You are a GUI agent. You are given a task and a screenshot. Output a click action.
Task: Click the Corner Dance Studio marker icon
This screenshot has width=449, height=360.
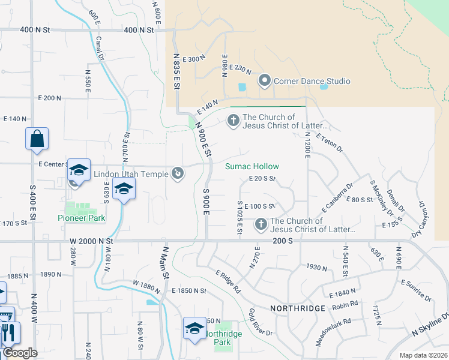[x=264, y=81]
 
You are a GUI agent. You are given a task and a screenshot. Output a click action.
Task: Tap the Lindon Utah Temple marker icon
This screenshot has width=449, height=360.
[x=177, y=174]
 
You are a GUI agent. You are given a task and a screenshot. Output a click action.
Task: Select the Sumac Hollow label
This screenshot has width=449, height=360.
[x=252, y=166]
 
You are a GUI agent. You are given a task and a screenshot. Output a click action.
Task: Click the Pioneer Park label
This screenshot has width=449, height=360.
[x=82, y=218]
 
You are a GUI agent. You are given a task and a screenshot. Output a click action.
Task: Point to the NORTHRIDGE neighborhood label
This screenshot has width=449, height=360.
[x=298, y=308]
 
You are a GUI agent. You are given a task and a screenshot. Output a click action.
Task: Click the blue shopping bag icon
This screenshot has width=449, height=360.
[x=37, y=138]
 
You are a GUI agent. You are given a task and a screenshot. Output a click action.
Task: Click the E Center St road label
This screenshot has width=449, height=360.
[x=52, y=164]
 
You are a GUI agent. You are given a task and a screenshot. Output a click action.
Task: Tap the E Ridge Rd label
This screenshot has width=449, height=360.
[x=229, y=280]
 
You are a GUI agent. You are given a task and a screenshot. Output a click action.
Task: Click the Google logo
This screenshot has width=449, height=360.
[x=19, y=353]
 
